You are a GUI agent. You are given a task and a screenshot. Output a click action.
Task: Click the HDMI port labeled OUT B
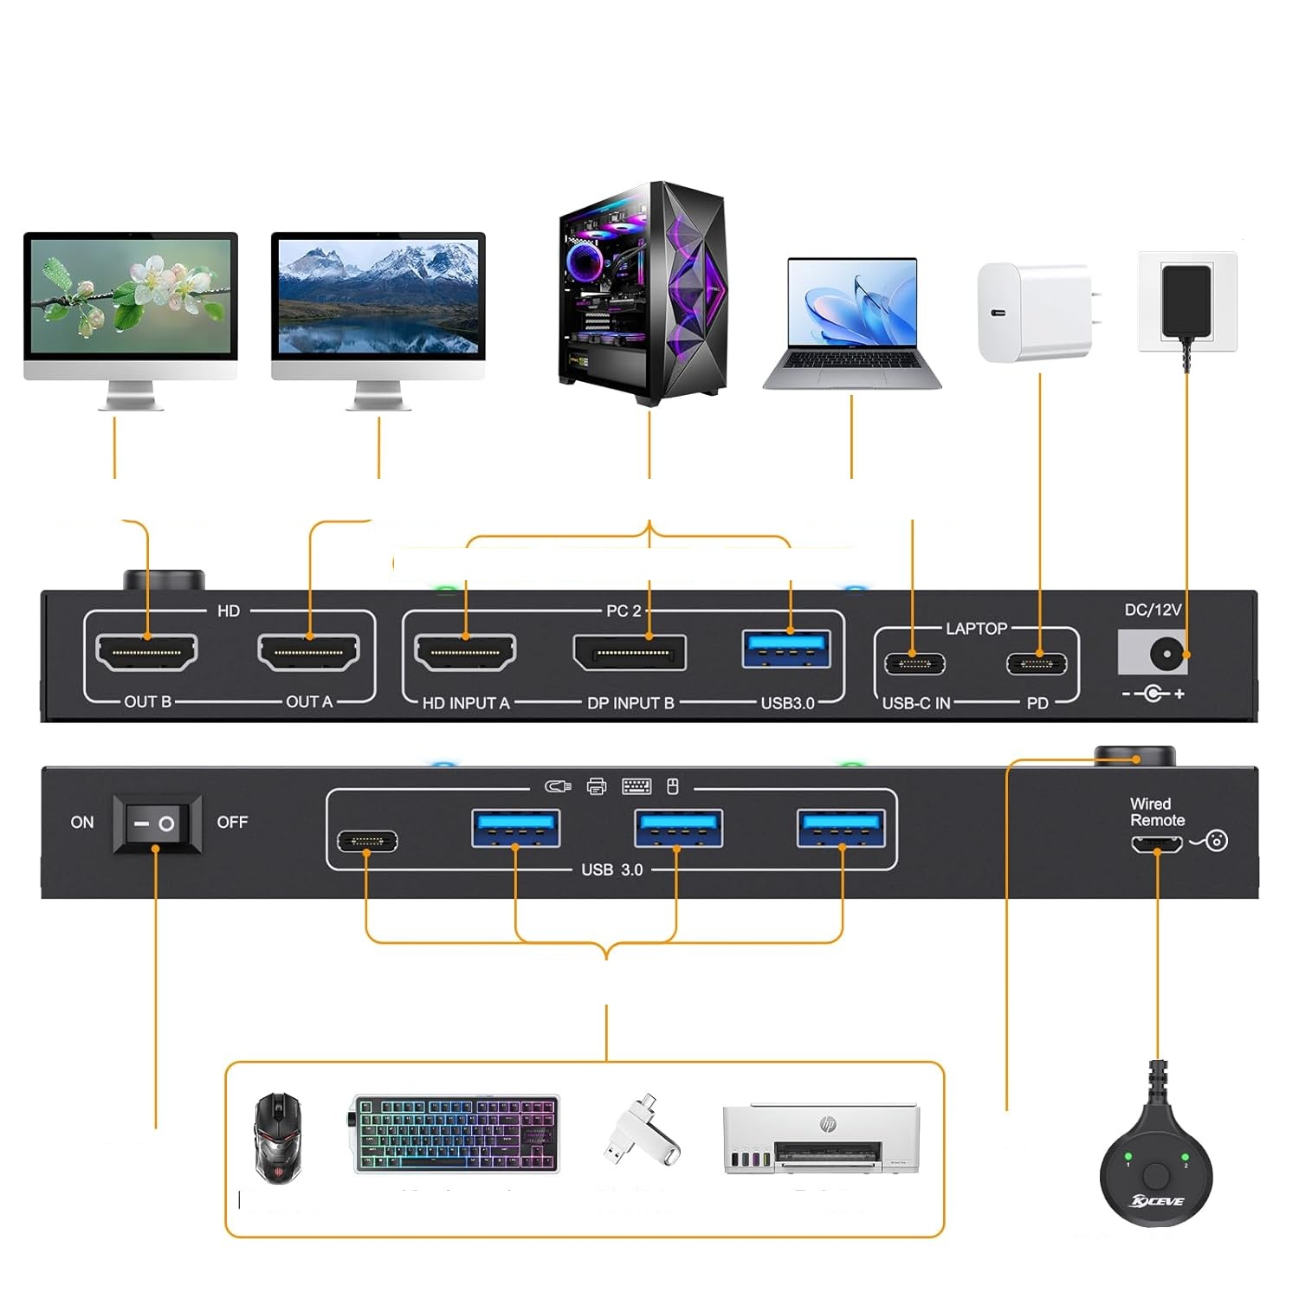146,653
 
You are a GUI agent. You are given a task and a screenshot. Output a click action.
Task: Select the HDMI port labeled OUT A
308,653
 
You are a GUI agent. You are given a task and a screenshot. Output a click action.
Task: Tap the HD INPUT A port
465,653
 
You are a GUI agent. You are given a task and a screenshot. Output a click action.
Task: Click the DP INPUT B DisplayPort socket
630,653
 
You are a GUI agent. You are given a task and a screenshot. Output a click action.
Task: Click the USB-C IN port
914,664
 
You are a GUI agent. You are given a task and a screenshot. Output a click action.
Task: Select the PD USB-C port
1037,664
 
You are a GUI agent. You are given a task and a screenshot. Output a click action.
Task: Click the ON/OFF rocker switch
156,824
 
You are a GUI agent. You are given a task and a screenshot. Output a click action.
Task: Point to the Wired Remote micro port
1156,843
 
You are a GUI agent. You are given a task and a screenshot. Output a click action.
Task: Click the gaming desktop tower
643,294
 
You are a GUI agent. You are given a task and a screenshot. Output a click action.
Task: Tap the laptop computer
852,325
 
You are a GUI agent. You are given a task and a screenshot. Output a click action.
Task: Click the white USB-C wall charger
1036,313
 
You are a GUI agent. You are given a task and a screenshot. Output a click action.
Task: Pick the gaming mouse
278,1136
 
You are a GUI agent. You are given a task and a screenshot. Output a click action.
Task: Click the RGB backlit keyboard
456,1134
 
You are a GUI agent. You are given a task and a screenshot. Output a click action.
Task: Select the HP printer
821,1139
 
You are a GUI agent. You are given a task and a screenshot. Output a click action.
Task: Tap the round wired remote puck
1156,1169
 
